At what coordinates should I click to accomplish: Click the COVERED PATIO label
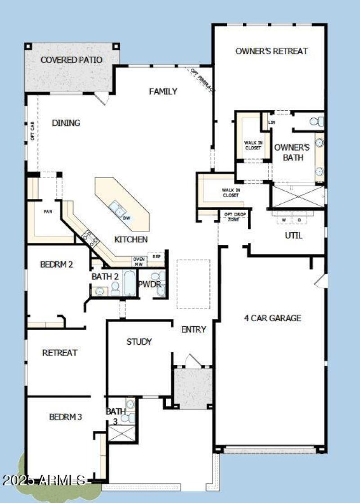pyautogui.click(x=72, y=60)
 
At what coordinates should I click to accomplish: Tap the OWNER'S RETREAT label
pyautogui.click(x=271, y=51)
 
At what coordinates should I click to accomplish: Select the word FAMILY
pyautogui.click(x=163, y=91)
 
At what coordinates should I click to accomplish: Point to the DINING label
pyautogui.click(x=66, y=123)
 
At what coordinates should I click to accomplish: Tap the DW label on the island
pyautogui.click(x=127, y=218)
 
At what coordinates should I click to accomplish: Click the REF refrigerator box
pyautogui.click(x=157, y=256)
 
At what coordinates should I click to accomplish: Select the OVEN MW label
pyautogui.click(x=138, y=261)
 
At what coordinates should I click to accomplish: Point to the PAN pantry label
pyautogui.click(x=49, y=211)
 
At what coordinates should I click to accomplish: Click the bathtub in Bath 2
pyautogui.click(x=129, y=283)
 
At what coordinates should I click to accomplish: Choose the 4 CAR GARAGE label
pyautogui.click(x=273, y=318)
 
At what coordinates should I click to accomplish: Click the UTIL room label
pyautogui.click(x=293, y=235)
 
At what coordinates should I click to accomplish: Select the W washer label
pyautogui.click(x=284, y=220)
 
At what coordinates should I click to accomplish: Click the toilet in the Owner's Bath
pyautogui.click(x=319, y=121)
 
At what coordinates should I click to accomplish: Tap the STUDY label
pyautogui.click(x=139, y=341)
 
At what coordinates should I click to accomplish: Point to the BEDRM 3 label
pyautogui.click(x=66, y=417)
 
